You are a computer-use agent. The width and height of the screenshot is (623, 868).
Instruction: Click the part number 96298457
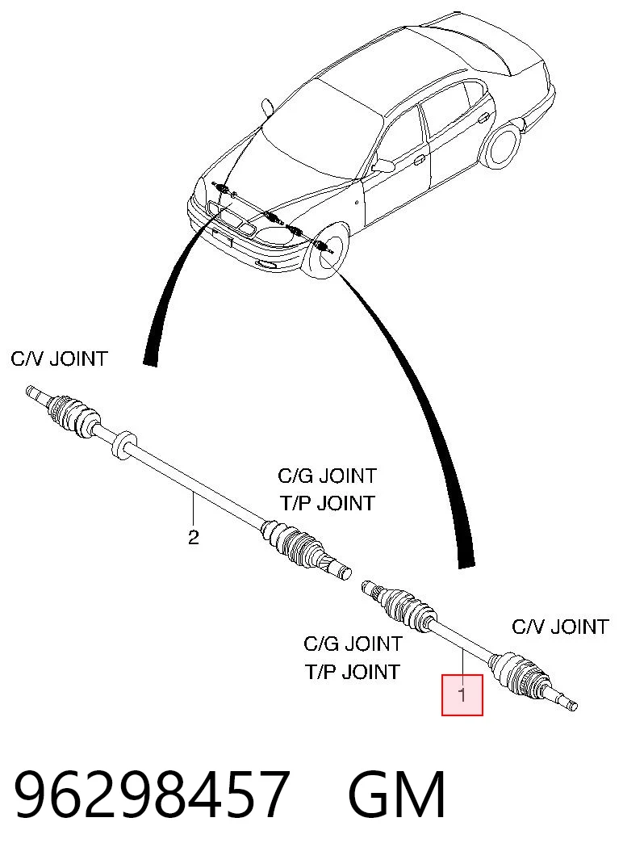point(151,795)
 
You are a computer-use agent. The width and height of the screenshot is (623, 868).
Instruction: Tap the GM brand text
point(397,795)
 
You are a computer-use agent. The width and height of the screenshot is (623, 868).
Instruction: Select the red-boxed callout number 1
point(462,694)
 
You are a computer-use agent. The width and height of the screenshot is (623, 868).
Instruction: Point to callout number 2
point(193,538)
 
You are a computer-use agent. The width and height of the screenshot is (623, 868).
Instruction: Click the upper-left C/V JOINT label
point(59,359)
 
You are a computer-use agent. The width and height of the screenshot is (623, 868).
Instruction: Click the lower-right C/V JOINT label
point(560,627)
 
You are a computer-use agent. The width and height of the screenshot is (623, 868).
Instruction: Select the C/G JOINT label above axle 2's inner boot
point(327,476)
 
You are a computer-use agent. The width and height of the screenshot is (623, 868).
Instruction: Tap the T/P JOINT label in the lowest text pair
point(352,672)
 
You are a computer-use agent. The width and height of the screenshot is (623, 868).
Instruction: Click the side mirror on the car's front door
point(383,165)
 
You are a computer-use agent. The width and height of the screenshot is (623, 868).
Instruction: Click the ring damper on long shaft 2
point(123,443)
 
